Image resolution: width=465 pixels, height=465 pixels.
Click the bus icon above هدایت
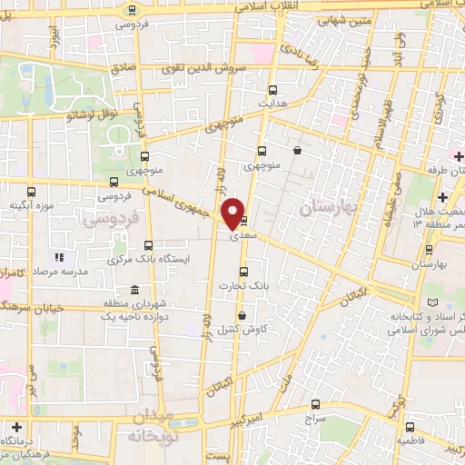pyautogui.click(x=273, y=89)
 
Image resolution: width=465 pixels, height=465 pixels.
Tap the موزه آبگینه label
pyautogui.click(x=28, y=206)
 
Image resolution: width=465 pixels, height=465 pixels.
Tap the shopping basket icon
pyautogui.click(x=298, y=152)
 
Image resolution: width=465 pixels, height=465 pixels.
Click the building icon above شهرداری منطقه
pyautogui.click(x=134, y=291)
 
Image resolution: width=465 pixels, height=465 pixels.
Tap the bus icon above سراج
pyautogui.click(x=315, y=404)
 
